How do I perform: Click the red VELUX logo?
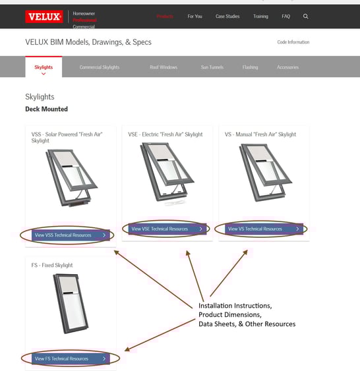pyautogui.click(x=44, y=16)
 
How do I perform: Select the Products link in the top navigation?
pyautogui.click(x=165, y=16)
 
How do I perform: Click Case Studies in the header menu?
pyautogui.click(x=227, y=16)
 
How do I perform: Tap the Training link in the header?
pyautogui.click(x=260, y=16)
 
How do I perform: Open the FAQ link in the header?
pyautogui.click(x=285, y=16)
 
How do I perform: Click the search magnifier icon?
pyautogui.click(x=305, y=16)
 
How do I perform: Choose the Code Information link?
pyautogui.click(x=293, y=42)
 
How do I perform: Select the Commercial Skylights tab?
pyautogui.click(x=100, y=67)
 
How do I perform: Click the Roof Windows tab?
pyautogui.click(x=164, y=67)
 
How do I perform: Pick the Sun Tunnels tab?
pyautogui.click(x=212, y=67)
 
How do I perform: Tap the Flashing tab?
pyautogui.click(x=250, y=67)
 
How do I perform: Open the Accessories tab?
pyautogui.click(x=287, y=67)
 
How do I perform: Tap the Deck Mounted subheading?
pyautogui.click(x=46, y=109)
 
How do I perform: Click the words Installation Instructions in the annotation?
pyautogui.click(x=235, y=306)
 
